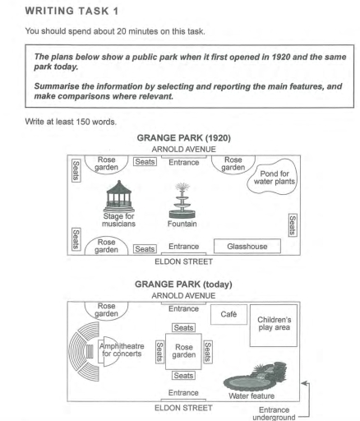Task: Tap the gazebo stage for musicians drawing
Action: coord(119,197)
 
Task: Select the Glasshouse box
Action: coord(247,246)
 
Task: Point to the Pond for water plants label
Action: coord(275,178)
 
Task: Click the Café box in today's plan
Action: coord(228,314)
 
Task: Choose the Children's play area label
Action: coord(274,323)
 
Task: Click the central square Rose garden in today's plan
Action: coord(183,351)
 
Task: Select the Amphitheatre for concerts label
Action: coord(122,349)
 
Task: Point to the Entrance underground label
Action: coord(274,414)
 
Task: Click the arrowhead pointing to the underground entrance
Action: coord(303,383)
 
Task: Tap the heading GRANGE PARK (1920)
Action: coord(183,137)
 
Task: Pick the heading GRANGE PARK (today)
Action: coord(183,285)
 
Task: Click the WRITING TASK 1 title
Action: coord(72,11)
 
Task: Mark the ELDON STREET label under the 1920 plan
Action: coord(183,261)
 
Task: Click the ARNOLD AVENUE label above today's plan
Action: coord(183,296)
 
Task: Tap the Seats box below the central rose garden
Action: coord(183,376)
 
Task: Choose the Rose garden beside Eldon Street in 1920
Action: coord(106,246)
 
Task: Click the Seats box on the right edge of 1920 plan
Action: coord(293,225)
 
